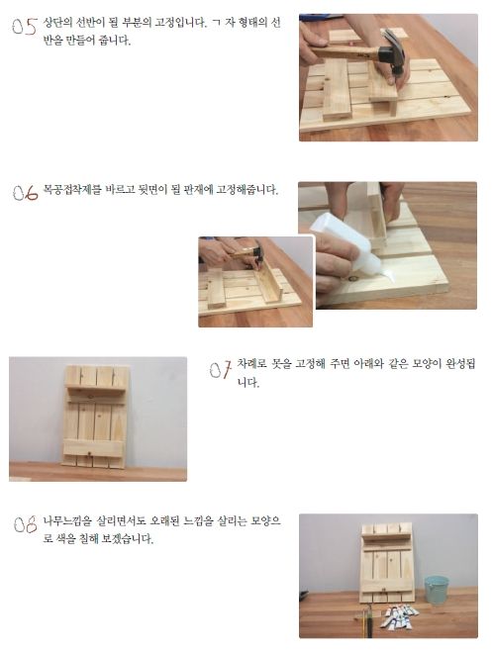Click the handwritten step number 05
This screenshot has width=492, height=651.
click(x=25, y=27)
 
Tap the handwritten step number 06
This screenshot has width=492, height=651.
click(x=26, y=193)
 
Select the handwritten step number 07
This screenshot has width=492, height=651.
click(x=220, y=369)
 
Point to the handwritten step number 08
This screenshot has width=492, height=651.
click(x=26, y=524)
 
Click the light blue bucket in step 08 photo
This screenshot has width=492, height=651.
click(x=437, y=590)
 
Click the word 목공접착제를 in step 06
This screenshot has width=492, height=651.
click(x=72, y=190)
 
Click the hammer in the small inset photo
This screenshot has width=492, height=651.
click(x=248, y=253)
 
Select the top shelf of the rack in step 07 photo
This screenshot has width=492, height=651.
click(x=96, y=391)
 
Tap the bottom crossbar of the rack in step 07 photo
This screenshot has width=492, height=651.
click(x=93, y=447)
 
